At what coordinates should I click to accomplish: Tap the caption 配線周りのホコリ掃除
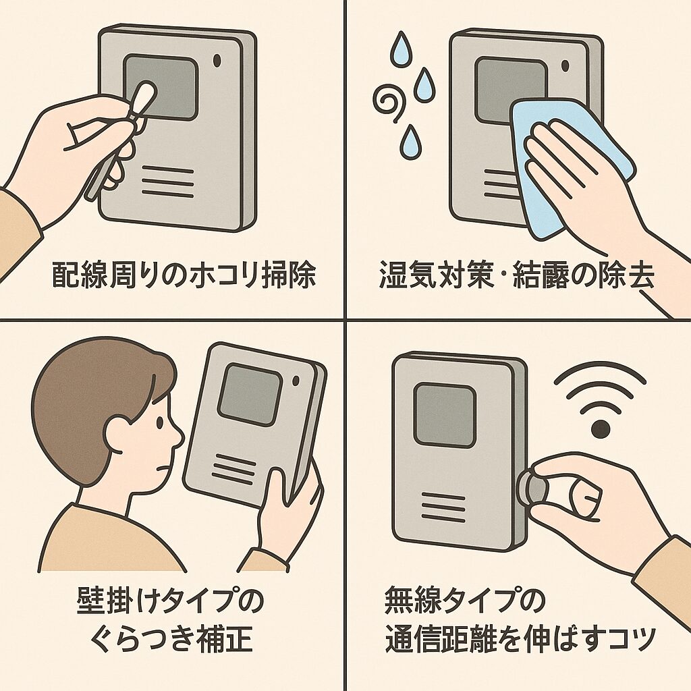click(x=184, y=276)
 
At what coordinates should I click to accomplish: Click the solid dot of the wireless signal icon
click(x=600, y=429)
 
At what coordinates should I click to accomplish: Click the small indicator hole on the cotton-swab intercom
click(x=217, y=60)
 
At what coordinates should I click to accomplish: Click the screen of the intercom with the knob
click(x=444, y=414)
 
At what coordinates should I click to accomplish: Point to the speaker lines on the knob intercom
click(x=443, y=506)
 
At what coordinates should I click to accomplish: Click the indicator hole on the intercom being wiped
click(x=563, y=66)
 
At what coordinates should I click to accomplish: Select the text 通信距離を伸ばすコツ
click(x=520, y=639)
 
